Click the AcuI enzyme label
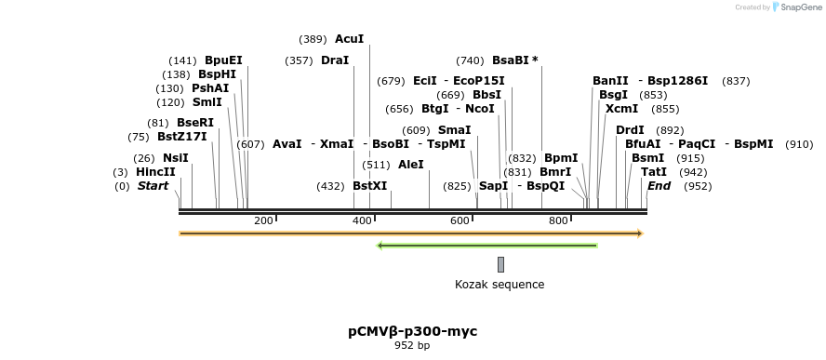(349, 39)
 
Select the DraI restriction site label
(334, 60)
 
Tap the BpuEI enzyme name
(223, 60)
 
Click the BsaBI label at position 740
(514, 60)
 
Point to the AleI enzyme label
(410, 165)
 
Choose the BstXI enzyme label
(369, 186)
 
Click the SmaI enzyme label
(454, 130)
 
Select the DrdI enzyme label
(630, 130)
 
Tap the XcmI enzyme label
(621, 109)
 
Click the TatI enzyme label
(653, 172)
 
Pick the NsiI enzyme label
(175, 158)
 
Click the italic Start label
(153, 186)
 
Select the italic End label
(659, 186)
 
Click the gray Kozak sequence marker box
(500, 264)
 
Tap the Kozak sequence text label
(500, 285)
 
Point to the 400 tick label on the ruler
(362, 220)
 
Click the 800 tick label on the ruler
(558, 220)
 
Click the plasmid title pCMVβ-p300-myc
(412, 331)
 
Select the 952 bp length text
(412, 346)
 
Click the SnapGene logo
(796, 7)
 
